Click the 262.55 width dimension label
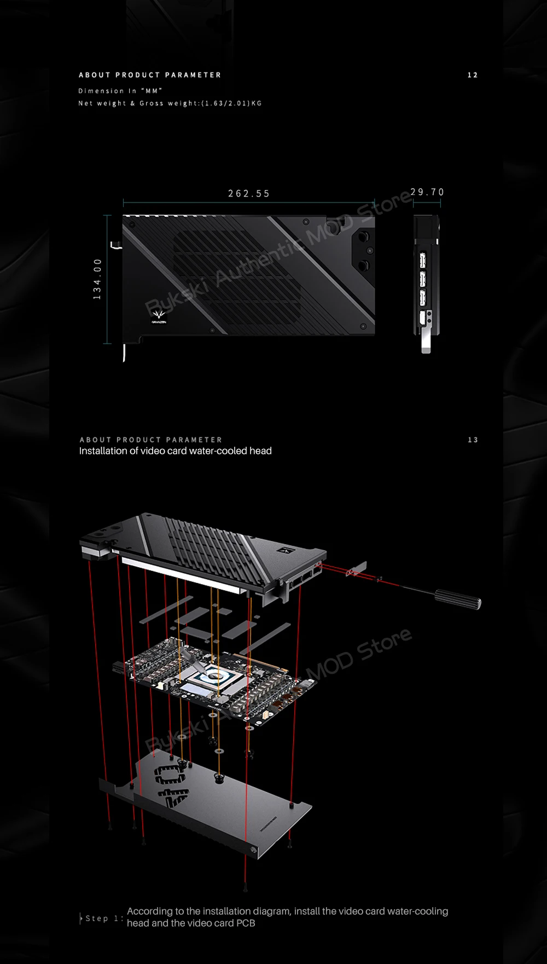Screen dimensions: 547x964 pyautogui.click(x=249, y=194)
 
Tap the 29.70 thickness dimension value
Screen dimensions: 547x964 pyautogui.click(x=427, y=192)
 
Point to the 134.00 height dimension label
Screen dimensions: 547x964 pyautogui.click(x=97, y=279)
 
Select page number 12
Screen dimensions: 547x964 pyautogui.click(x=473, y=75)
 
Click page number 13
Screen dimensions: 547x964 pyautogui.click(x=473, y=440)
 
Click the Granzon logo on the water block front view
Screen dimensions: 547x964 pyautogui.click(x=159, y=316)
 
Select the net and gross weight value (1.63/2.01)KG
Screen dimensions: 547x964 pyautogui.click(x=232, y=103)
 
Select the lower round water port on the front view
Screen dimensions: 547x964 pyautogui.click(x=363, y=267)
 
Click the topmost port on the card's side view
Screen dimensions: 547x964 pyautogui.click(x=423, y=259)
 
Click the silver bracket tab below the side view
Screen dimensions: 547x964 pyautogui.click(x=426, y=343)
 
